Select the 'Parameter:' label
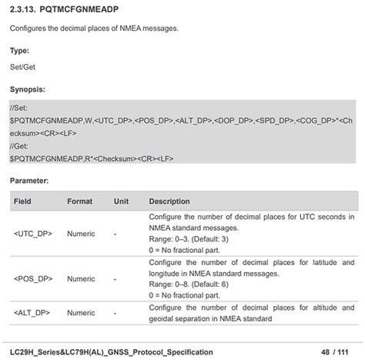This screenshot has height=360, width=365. coord(29,180)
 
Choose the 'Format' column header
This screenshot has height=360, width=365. coord(79,201)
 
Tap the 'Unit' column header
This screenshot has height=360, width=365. coord(121,201)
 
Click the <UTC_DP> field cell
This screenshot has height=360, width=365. coord(33,233)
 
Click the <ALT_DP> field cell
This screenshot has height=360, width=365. coord(33,313)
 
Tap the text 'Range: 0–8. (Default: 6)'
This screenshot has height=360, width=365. coord(194,284)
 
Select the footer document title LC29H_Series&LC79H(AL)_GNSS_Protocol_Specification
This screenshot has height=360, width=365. coord(112,352)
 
